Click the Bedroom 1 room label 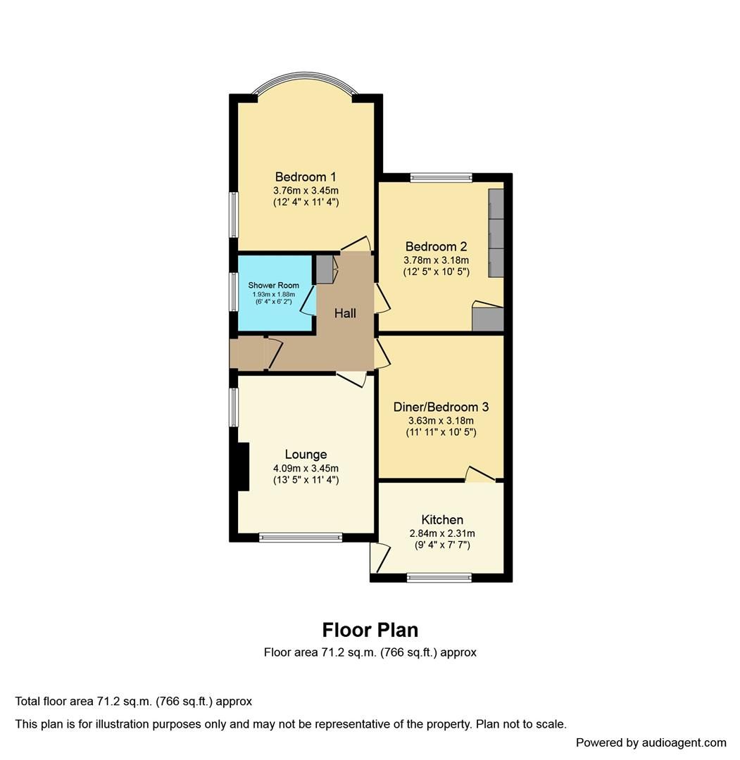tap(306, 177)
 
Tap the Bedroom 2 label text tap(436, 246)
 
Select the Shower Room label tap(273, 286)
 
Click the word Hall tap(345, 314)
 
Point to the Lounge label tap(306, 455)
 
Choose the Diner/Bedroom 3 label tap(441, 407)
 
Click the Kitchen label tap(442, 520)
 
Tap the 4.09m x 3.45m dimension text tap(306, 468)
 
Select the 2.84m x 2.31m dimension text tap(442, 533)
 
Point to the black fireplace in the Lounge tap(243, 466)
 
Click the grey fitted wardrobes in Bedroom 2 tap(496, 232)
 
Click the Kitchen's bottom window tap(439, 578)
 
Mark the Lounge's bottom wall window tap(301, 538)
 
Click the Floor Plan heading tap(370, 629)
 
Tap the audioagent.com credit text tap(651, 742)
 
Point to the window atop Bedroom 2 tap(441, 177)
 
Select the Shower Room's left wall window tap(233, 291)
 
